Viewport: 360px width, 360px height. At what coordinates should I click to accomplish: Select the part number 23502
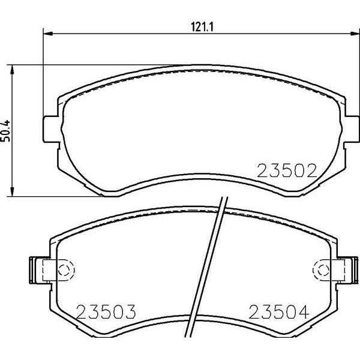click(286, 172)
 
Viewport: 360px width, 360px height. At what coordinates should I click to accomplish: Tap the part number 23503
click(107, 312)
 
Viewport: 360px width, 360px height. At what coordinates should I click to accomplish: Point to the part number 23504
click(278, 312)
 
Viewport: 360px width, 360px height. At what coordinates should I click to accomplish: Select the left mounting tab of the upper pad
click(52, 128)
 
